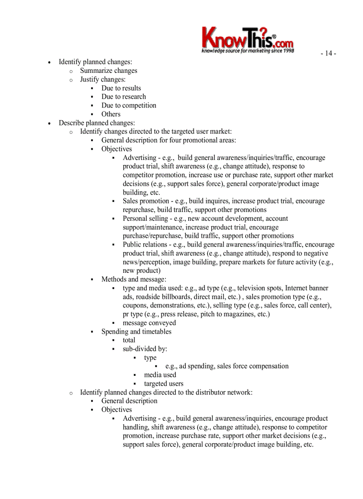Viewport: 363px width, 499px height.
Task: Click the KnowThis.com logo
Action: click(247, 38)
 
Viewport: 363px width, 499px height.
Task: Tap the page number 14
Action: click(328, 53)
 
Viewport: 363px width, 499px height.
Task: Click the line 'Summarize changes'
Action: click(109, 71)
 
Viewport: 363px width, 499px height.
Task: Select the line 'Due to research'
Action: click(123, 96)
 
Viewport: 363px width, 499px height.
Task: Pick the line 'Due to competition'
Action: click(129, 105)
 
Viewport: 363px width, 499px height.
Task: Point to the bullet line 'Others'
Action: click(111, 114)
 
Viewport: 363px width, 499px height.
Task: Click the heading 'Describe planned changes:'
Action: click(97, 123)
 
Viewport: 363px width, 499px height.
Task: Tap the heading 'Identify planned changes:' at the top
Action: click(95, 62)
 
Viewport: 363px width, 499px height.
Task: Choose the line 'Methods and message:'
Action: click(133, 279)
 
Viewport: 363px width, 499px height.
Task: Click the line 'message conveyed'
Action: click(149, 323)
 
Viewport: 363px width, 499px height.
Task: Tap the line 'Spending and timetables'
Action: click(136, 331)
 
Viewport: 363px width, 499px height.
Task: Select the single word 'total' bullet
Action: click(129, 340)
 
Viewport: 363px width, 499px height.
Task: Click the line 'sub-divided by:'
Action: click(145, 349)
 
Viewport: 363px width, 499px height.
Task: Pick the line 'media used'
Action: click(160, 375)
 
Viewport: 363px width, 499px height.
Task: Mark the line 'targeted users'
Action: click(163, 383)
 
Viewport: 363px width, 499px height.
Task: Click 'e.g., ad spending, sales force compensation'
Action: click(226, 366)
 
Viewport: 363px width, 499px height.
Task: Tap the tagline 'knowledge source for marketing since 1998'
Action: click(247, 51)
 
